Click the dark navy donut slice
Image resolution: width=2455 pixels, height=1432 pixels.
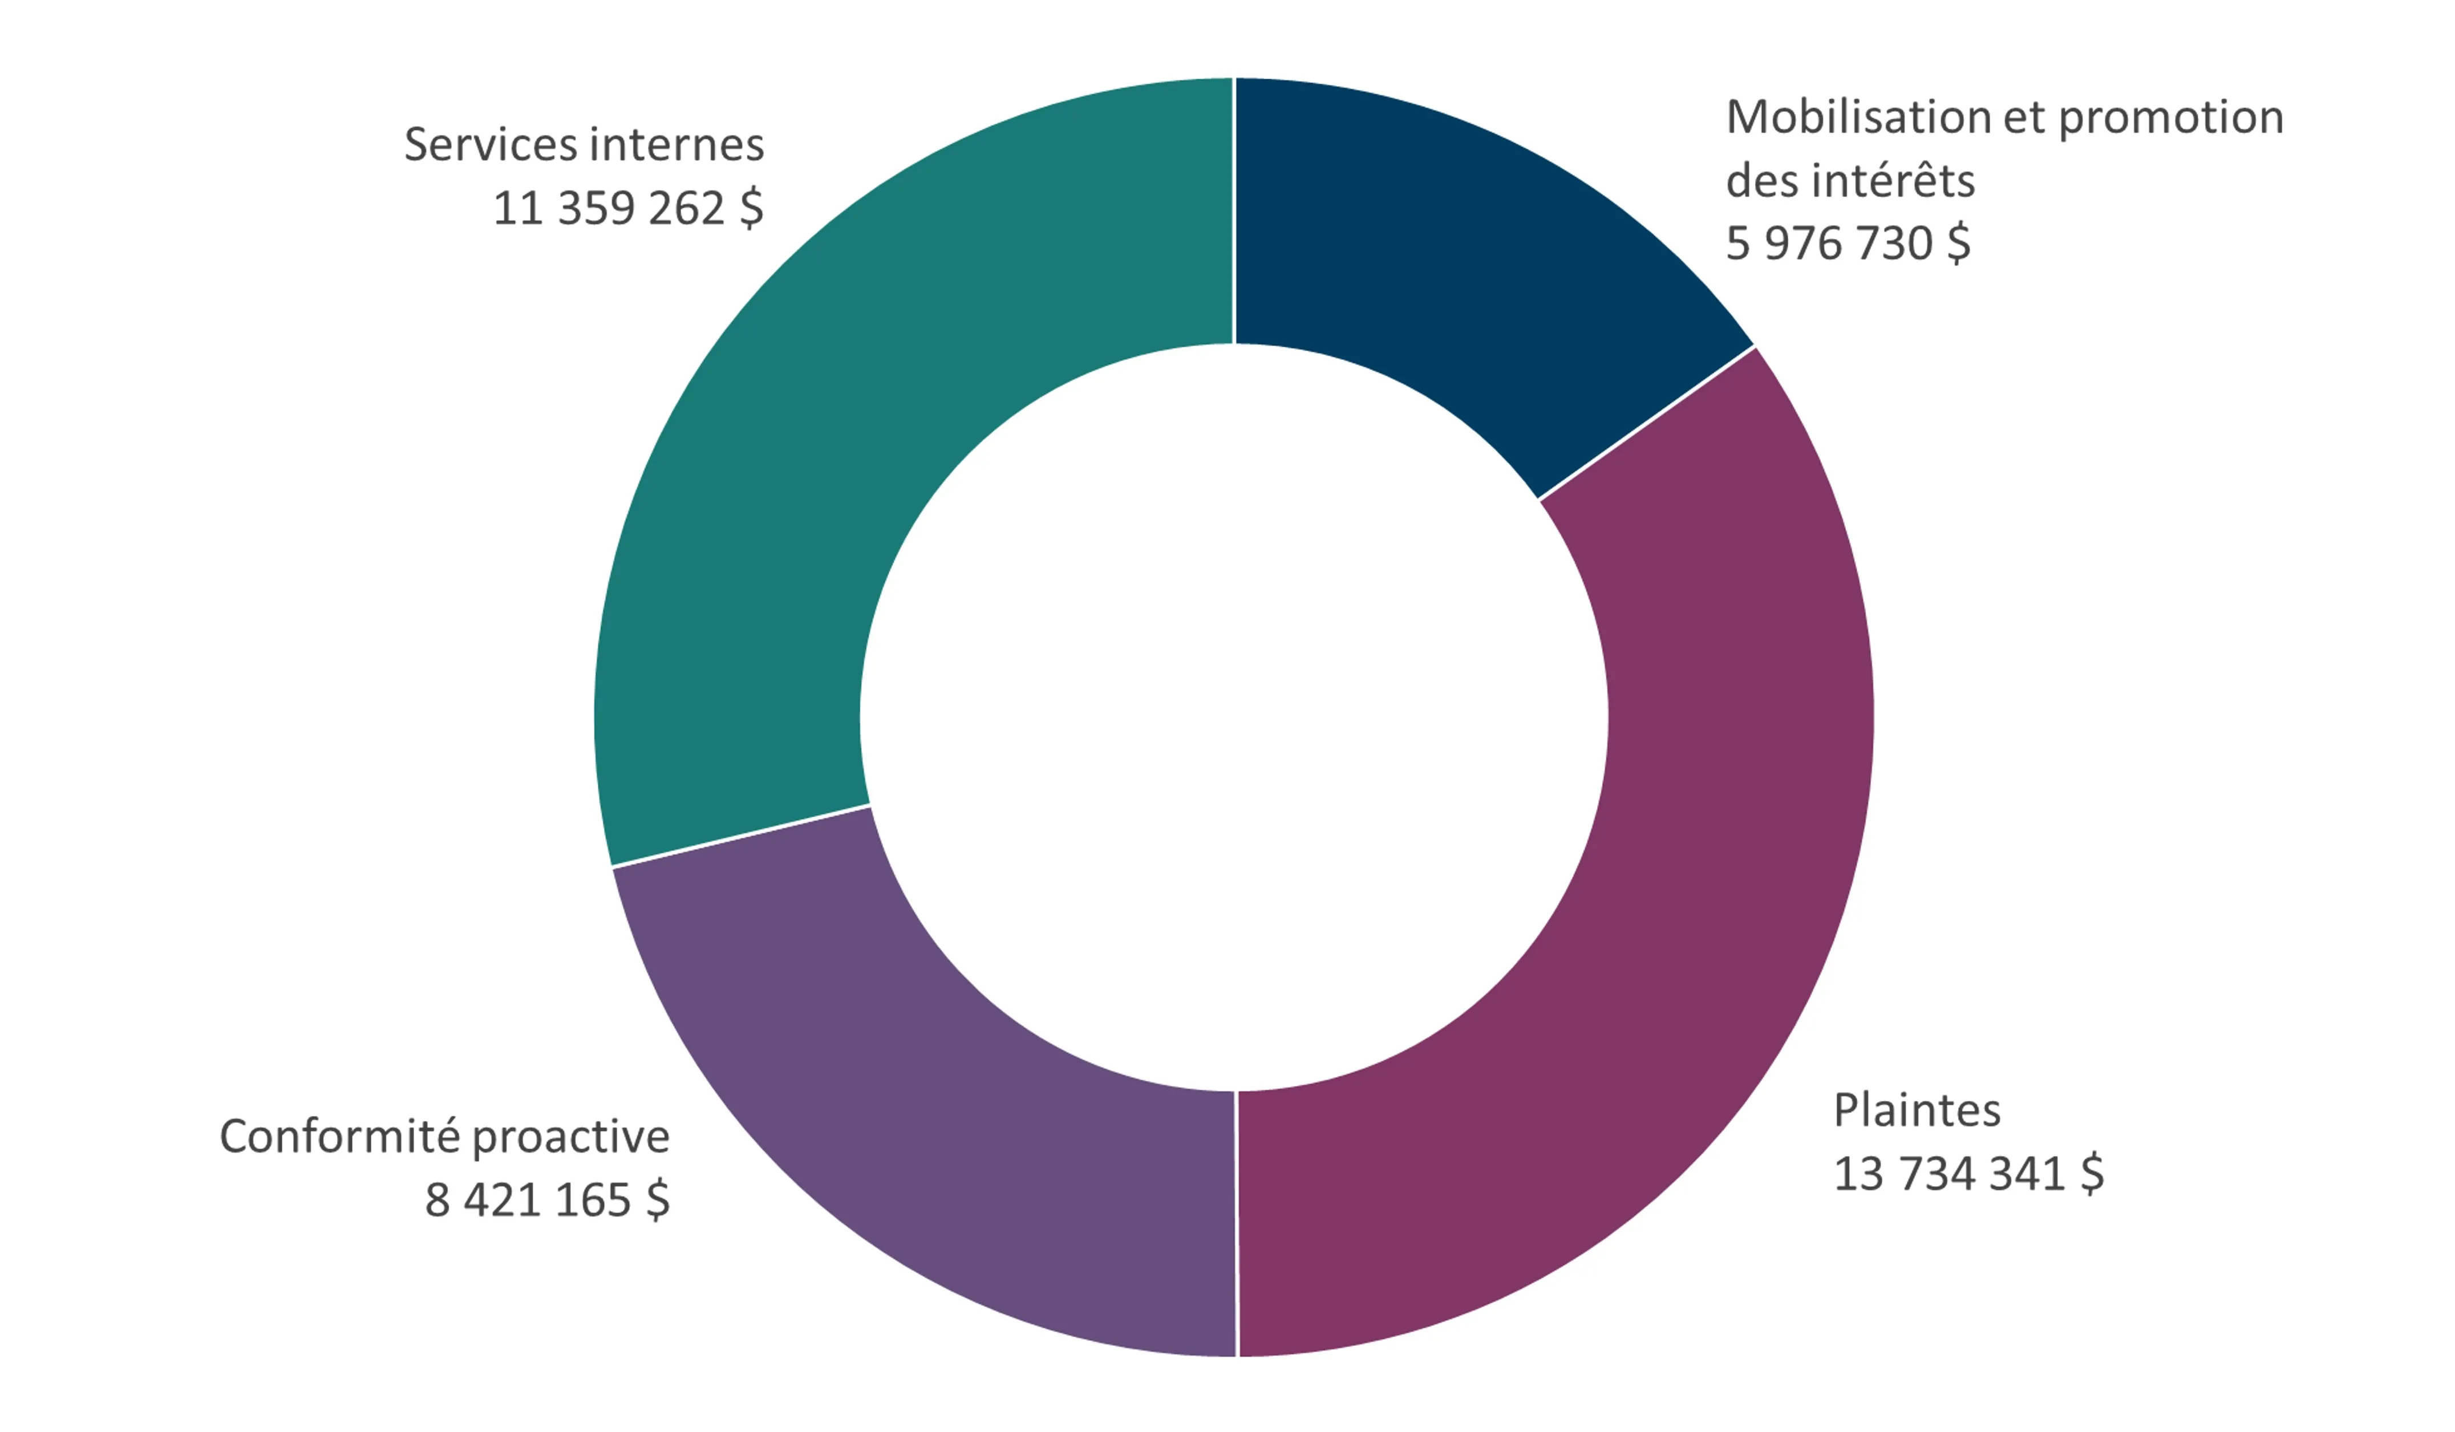pyautogui.click(x=1461, y=253)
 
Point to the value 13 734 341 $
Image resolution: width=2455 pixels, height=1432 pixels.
pyautogui.click(x=1968, y=1174)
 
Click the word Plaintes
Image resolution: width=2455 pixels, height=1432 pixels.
pyautogui.click(x=1917, y=1110)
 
